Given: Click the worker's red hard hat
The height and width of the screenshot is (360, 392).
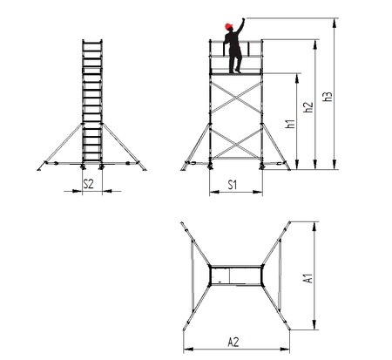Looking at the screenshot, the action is (229, 26).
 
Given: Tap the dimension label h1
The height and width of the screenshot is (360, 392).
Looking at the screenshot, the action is (290, 124).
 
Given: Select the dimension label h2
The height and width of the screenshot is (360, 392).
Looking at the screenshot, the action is (308, 107).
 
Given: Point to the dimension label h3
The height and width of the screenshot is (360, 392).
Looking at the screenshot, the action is (327, 97).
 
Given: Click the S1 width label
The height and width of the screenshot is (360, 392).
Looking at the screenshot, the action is (233, 185).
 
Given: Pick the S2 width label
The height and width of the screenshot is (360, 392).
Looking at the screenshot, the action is (88, 184).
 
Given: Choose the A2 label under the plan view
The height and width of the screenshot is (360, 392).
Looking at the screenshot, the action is (233, 342).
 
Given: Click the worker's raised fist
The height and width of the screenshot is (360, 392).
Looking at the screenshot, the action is (243, 19).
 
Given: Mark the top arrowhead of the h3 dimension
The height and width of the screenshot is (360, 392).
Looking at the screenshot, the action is (335, 23).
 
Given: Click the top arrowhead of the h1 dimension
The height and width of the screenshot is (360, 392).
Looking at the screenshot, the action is (297, 78).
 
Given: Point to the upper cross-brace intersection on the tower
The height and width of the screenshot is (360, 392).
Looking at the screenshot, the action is (236, 98).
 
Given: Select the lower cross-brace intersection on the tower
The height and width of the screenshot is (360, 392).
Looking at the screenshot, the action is (236, 144).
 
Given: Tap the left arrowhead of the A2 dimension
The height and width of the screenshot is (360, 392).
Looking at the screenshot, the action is (188, 349).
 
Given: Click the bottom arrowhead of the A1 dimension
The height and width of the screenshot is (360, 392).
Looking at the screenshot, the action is (314, 325).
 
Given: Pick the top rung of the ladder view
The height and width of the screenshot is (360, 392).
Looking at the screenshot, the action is (92, 44).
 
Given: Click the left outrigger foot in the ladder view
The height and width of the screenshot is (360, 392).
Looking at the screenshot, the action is (39, 169).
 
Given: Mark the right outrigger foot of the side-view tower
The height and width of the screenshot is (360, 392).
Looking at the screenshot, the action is (287, 168).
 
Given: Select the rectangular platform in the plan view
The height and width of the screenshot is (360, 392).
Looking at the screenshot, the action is (236, 275).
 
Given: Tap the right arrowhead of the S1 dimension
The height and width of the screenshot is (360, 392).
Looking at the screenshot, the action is (258, 192).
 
